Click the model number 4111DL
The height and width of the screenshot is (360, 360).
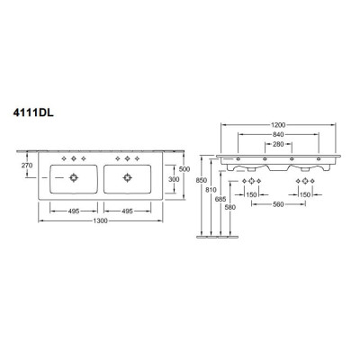[x=33, y=113]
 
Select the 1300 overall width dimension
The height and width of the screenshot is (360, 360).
[x=100, y=221]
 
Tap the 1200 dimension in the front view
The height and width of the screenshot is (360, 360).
[x=278, y=125]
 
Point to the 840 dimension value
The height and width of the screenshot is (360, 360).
[x=278, y=134]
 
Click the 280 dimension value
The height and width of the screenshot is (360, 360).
[x=278, y=144]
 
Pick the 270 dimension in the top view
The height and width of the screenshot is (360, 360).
[x=27, y=165]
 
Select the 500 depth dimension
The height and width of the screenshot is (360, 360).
[x=184, y=169]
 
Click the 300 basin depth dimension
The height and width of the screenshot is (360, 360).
[x=174, y=179]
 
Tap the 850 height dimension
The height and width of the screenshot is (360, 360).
[x=201, y=180]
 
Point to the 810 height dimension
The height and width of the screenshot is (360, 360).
[x=211, y=190]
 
